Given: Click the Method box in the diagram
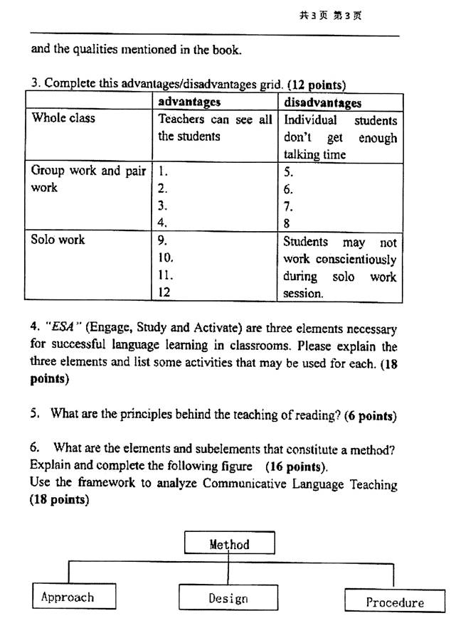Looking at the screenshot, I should point(229,545).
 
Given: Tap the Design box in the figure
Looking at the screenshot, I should point(228,598).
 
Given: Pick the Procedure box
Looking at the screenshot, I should point(394,602).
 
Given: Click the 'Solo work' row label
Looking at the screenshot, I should point(58,240).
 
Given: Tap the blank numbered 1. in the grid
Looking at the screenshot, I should point(163,171).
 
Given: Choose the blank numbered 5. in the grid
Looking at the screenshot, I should point(288,171).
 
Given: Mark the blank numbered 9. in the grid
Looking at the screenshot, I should point(163,240).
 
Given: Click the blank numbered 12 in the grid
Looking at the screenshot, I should point(164,292).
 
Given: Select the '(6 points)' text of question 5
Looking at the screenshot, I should point(370,415).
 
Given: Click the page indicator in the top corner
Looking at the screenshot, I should point(330,15).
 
